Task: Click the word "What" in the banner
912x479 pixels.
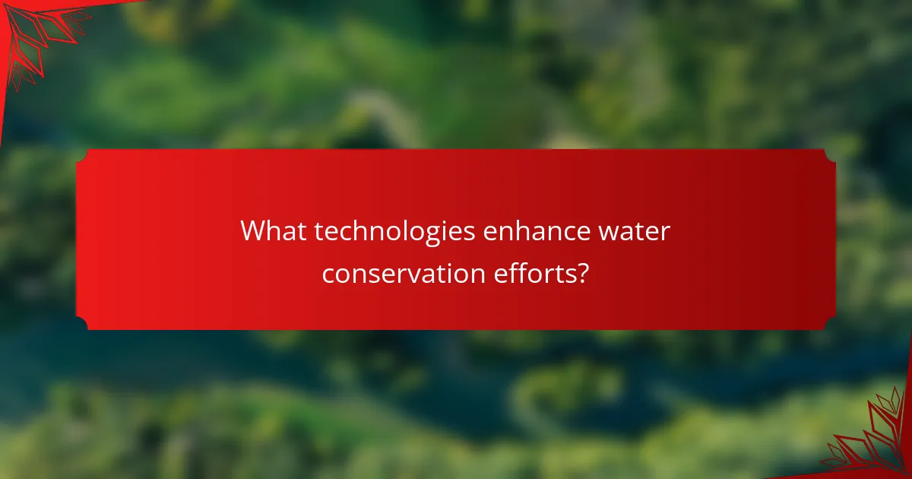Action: [274, 231]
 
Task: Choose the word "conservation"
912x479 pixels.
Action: [401, 272]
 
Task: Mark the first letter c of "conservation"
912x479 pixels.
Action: [328, 273]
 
